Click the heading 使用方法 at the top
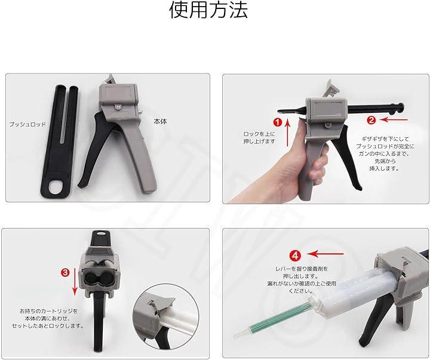tap(208, 11)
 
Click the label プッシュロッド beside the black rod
tap(27, 125)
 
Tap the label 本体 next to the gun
tap(160, 121)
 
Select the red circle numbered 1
tap(278, 122)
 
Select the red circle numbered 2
tap(371, 120)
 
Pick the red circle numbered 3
tap(65, 272)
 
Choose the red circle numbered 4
tap(295, 256)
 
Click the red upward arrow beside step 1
tap(287, 133)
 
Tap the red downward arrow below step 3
tap(75, 282)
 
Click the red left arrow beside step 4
tap(325, 254)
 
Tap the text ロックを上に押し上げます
tap(259, 138)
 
